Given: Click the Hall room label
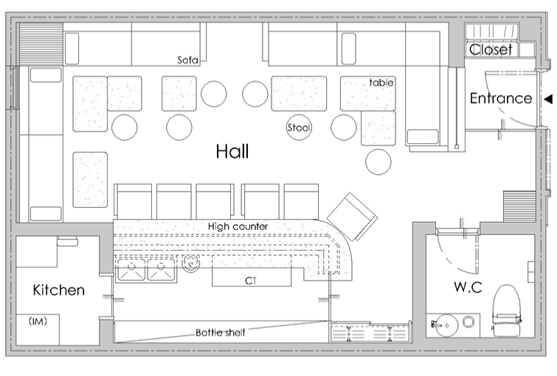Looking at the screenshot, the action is pos(232,151).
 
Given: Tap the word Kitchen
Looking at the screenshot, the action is pos(58,290).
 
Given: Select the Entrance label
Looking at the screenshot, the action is pos(501,98).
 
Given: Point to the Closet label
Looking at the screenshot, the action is pos(491,49).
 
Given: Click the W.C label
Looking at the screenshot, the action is pos(468,287).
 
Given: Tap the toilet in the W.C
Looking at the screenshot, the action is pos(507,310).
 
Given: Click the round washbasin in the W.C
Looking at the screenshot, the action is pos(446,324).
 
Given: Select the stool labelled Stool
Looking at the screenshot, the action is pos(299,128).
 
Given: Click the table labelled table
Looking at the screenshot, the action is pos(368,94).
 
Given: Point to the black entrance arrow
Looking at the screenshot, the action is pos(548,99).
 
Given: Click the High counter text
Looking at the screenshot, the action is pos(238,226).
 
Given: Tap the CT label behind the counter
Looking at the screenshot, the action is pos(250,281).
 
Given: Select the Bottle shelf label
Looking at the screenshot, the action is pos(221,333).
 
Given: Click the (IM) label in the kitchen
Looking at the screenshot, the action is pos(38,321).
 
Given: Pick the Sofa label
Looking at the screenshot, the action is pos(187,60).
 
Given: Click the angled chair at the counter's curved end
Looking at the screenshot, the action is pos(352,217).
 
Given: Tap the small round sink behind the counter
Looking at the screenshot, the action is pos(191,264).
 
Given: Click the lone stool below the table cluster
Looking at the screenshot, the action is pos(378,161).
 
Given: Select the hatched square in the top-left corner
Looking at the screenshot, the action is pos(41,44).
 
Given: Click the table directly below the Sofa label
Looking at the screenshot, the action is pos(179,94).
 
